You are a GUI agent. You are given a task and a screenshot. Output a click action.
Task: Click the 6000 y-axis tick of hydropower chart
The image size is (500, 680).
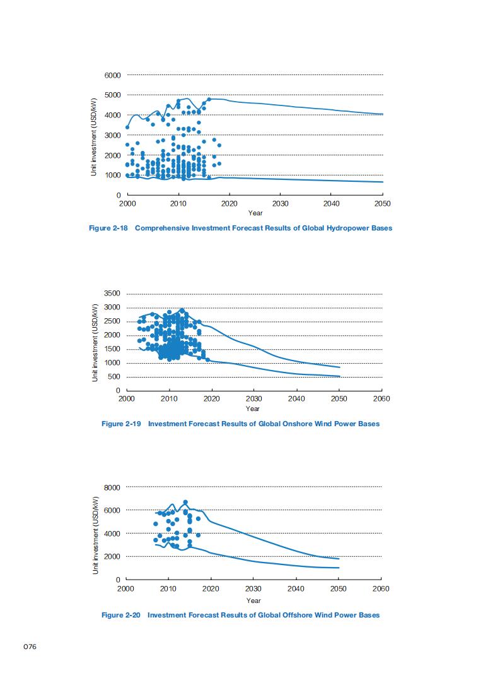pyautogui.click(x=113, y=75)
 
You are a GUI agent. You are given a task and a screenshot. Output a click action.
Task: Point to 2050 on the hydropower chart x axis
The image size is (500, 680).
pyautogui.click(x=382, y=204)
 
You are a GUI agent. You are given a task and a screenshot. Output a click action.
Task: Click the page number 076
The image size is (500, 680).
pyautogui.click(x=30, y=646)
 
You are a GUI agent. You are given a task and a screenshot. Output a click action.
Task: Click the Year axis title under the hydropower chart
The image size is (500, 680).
pyautogui.click(x=255, y=213)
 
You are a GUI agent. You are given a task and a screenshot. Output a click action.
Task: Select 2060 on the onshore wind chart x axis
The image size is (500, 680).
pyautogui.click(x=381, y=399)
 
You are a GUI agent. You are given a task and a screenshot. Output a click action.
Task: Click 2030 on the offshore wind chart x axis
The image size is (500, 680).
pyautogui.click(x=253, y=588)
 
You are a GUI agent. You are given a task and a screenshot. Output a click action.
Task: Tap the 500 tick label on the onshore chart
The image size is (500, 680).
pyautogui.click(x=115, y=377)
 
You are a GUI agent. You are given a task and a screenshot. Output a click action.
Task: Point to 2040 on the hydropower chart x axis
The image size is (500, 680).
pyautogui.click(x=331, y=204)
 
